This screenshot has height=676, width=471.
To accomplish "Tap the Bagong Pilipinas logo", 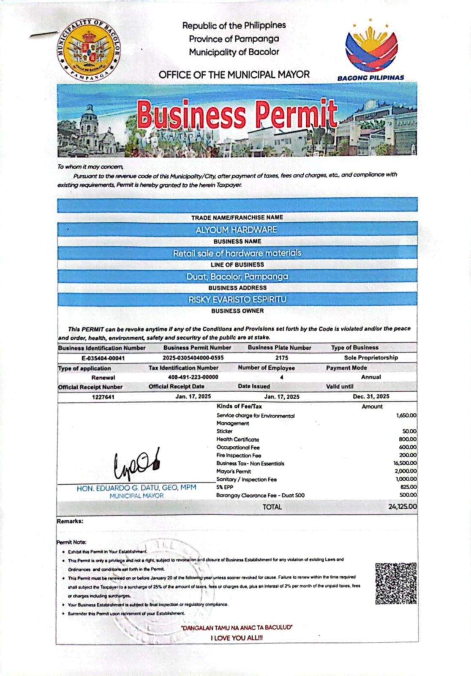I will pyautogui.click(x=371, y=50).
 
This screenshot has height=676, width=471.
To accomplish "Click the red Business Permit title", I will pyautogui.click(x=237, y=115).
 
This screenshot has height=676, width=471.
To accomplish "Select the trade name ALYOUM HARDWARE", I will pyautogui.click(x=236, y=230).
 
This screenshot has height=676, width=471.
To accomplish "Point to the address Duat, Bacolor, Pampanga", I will pyautogui.click(x=237, y=277).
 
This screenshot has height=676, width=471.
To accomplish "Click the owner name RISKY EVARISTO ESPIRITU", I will pyautogui.click(x=237, y=300).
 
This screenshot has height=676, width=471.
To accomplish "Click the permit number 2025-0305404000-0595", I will pyautogui.click(x=193, y=357).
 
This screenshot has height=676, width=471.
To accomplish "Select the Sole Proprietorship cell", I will pyautogui.click(x=370, y=357).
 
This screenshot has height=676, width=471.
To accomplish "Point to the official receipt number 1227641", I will pyautogui.click(x=103, y=397).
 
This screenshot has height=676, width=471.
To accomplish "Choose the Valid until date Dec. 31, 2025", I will pyautogui.click(x=371, y=396).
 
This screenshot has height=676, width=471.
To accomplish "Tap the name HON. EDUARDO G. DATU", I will pyautogui.click(x=136, y=488).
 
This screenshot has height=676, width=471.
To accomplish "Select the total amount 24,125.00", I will pyautogui.click(x=402, y=507).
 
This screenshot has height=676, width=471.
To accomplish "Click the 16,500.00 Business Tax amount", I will pyautogui.click(x=404, y=463).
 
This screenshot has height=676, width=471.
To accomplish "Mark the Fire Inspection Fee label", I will pyautogui.click(x=239, y=455).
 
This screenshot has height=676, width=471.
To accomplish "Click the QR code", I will pyautogui.click(x=396, y=583).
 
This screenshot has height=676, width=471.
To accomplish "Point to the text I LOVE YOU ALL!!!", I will pyautogui.click(x=237, y=638).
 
